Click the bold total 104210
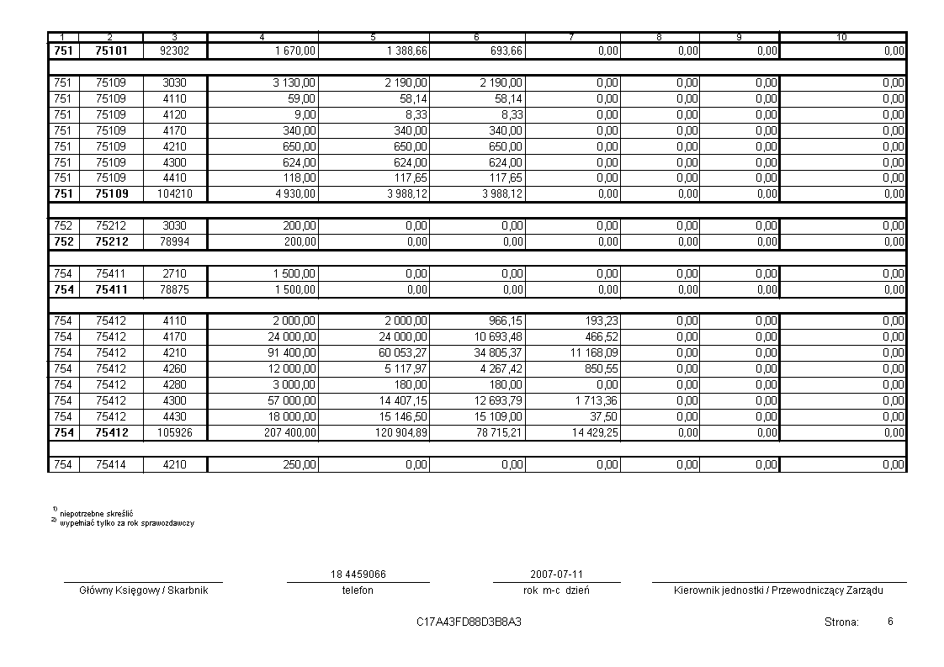pos(175,194)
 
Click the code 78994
pos(175,242)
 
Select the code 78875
pos(175,290)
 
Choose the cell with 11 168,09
pos(593,353)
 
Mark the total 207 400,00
pos(290,433)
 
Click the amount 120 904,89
pos(401,433)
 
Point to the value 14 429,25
pos(593,433)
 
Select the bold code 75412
pos(111,433)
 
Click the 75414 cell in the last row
pos(111,465)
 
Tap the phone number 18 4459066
pos(358,574)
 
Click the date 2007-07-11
pos(556,574)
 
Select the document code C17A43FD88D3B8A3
pos(469,622)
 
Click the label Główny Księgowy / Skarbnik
pos(143,590)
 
